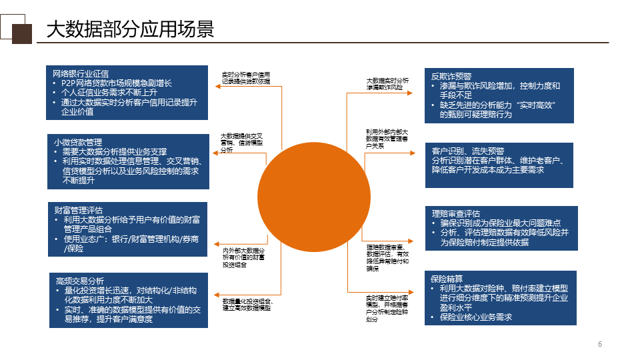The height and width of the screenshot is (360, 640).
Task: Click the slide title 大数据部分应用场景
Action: pyautogui.click(x=129, y=29)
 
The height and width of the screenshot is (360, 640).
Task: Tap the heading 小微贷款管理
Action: pyautogui.click(x=78, y=143)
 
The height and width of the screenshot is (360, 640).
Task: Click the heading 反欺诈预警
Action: pyautogui.click(x=451, y=76)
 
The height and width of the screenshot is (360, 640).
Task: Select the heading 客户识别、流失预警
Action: pyautogui.click(x=468, y=151)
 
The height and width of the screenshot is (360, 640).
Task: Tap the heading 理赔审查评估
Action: pyautogui.click(x=455, y=213)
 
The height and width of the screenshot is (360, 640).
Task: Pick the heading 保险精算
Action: pyautogui.click(x=447, y=279)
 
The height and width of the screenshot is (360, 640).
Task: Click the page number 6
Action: pyautogui.click(x=600, y=344)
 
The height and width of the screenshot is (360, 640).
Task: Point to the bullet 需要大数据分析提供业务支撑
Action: pyautogui.click(x=115, y=152)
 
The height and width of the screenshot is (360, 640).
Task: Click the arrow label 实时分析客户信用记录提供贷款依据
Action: pyautogui.click(x=246, y=77)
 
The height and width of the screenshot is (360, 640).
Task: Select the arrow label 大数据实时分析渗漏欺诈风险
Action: pyautogui.click(x=387, y=83)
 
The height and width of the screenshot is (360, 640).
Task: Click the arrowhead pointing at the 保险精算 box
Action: pyautogui.click(x=421, y=291)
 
